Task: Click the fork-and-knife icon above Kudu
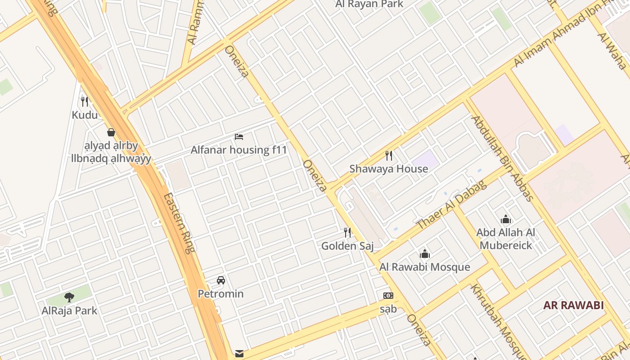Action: pyautogui.click(x=84, y=101)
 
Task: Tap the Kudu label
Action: pyautogui.click(x=85, y=115)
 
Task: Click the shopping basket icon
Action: pyautogui.click(x=111, y=132)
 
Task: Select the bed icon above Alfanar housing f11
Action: pyautogui.click(x=239, y=136)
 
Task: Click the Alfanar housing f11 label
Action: pyautogui.click(x=238, y=150)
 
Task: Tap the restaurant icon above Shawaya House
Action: pyautogui.click(x=389, y=156)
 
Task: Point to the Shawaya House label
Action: pyautogui.click(x=389, y=169)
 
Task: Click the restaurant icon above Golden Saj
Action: pyautogui.click(x=347, y=233)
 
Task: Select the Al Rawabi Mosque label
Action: pyautogui.click(x=424, y=267)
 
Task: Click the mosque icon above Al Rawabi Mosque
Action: pyautogui.click(x=425, y=254)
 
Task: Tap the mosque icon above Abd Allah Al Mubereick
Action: pyautogui.click(x=506, y=220)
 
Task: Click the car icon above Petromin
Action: pyautogui.click(x=220, y=280)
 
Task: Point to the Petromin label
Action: pyautogui.click(x=220, y=294)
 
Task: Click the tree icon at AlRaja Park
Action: pyautogui.click(x=69, y=297)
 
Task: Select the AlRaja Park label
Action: pyautogui.click(x=69, y=310)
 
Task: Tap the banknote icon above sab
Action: pyautogui.click(x=388, y=296)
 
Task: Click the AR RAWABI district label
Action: pyautogui.click(x=573, y=306)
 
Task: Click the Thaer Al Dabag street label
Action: pyautogui.click(x=451, y=204)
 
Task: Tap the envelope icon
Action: pyautogui.click(x=239, y=354)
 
